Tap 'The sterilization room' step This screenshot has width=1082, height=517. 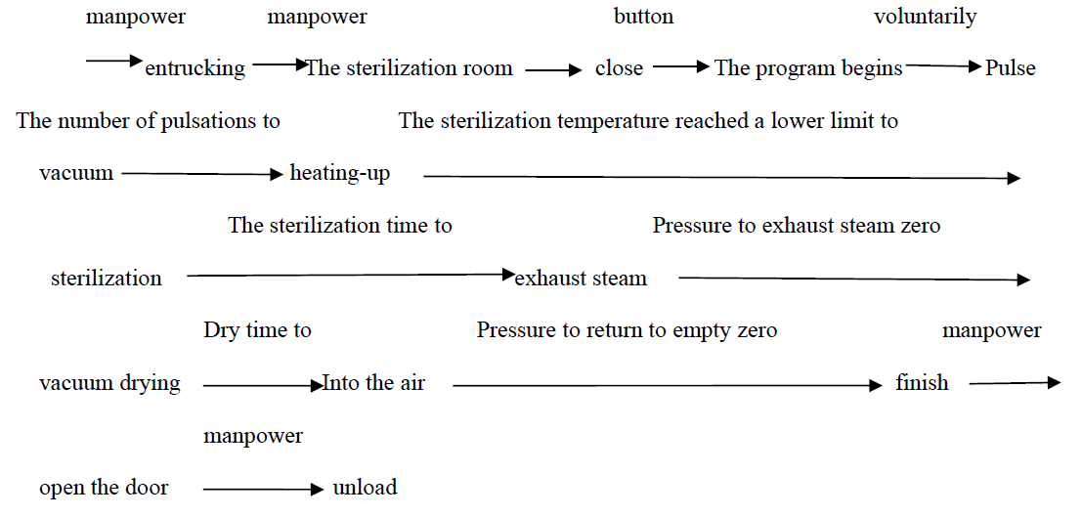[410, 68]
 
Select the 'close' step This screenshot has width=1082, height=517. [619, 68]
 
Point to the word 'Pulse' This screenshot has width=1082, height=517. [1011, 68]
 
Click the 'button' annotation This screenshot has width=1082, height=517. [644, 16]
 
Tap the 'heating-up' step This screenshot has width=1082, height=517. [339, 174]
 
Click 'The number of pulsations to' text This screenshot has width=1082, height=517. [149, 121]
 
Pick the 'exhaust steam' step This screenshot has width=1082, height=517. [581, 279]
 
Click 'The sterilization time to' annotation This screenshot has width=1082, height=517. [340, 225]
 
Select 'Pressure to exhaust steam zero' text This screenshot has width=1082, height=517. [797, 225]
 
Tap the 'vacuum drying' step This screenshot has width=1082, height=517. [109, 383]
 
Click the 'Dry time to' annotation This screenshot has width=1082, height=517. [257, 330]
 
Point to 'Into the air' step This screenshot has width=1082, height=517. [373, 382]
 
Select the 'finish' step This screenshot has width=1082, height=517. [922, 382]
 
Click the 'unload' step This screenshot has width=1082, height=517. [365, 488]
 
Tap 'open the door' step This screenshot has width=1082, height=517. [104, 488]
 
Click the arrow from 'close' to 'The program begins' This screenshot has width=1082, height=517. [681, 67]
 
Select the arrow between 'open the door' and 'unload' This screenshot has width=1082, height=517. [263, 490]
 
